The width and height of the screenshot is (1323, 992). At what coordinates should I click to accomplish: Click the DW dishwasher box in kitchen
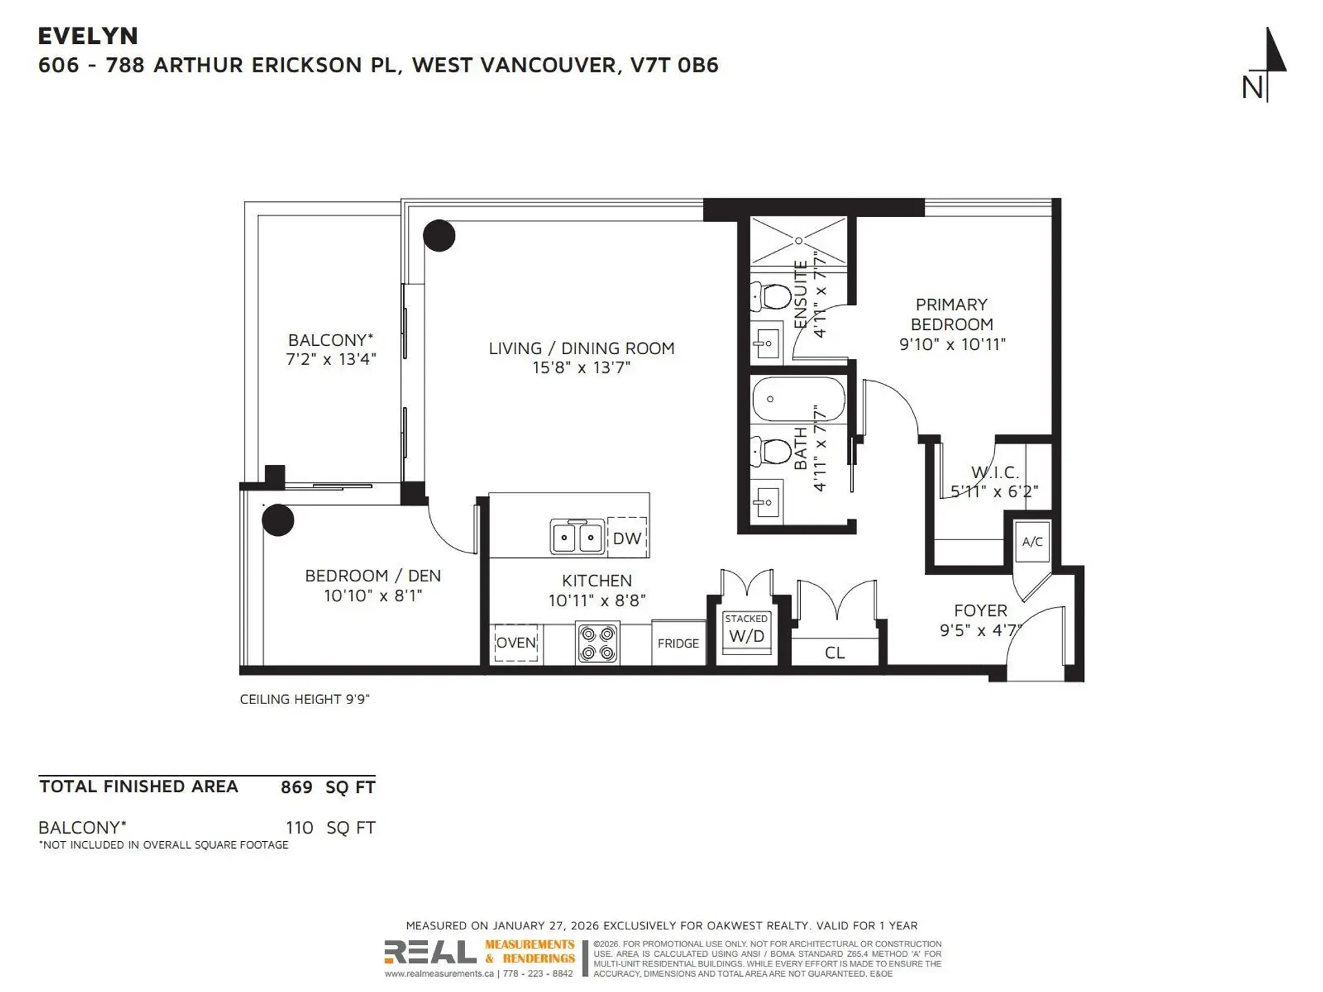626,538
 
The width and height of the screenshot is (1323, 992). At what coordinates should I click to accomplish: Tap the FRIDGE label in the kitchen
678,643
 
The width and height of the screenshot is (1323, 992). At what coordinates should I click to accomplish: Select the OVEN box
516,643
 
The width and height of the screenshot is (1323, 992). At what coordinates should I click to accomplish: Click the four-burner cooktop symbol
597,643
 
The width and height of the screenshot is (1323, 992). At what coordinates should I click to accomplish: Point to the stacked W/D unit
746,630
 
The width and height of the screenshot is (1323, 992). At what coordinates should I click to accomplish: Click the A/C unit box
1032,541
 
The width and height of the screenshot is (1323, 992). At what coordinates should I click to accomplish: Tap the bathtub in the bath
798,399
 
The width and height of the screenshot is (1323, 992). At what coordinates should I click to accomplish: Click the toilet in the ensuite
773,297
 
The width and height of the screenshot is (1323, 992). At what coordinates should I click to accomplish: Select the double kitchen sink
577,537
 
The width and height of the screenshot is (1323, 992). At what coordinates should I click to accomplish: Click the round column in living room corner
439,236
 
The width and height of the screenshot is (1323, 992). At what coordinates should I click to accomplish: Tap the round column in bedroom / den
278,519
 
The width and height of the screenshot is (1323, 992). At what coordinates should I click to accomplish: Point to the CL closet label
834,652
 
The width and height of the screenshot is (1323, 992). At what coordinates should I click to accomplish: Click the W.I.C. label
994,473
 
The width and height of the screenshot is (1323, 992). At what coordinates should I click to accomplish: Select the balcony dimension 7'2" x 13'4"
331,359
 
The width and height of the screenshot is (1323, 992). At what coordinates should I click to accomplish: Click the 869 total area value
296,787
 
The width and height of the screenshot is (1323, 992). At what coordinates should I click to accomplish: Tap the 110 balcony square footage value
299,827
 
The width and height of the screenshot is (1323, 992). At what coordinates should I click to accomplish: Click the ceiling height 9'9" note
305,699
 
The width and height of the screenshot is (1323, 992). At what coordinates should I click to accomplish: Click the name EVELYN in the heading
88,36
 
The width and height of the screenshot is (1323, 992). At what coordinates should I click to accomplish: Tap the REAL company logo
430,952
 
